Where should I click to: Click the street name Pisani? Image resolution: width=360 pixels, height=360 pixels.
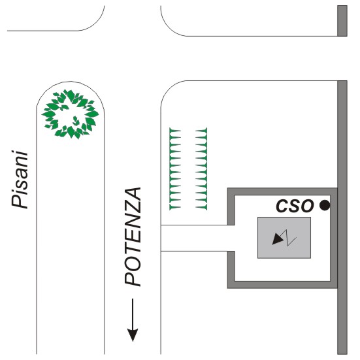click(x=20, y=180)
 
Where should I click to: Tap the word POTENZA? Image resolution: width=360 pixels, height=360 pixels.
click(x=133, y=237)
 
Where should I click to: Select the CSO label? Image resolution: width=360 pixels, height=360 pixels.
click(x=295, y=206)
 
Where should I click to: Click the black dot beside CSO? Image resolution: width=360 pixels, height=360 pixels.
click(x=325, y=205)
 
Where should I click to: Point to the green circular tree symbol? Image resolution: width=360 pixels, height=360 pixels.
click(x=71, y=114)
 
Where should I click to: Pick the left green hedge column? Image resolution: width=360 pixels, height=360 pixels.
click(x=175, y=169)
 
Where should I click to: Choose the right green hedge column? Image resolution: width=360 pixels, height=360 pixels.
click(x=201, y=169)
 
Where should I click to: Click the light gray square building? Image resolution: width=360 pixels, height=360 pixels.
click(x=284, y=238)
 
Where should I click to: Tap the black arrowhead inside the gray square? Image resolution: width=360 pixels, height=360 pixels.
click(x=277, y=240)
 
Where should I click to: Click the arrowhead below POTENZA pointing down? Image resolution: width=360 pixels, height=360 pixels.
click(x=133, y=335)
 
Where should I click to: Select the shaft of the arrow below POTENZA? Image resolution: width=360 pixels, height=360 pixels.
click(x=133, y=314)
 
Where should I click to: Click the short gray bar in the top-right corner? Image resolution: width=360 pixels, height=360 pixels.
click(x=342, y=21)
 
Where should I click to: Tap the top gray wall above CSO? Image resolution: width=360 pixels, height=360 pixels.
click(x=282, y=191)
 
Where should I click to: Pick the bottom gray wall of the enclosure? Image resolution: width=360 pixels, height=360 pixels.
click(x=282, y=285)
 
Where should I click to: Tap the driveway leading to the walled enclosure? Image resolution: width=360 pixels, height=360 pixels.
click(x=197, y=238)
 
